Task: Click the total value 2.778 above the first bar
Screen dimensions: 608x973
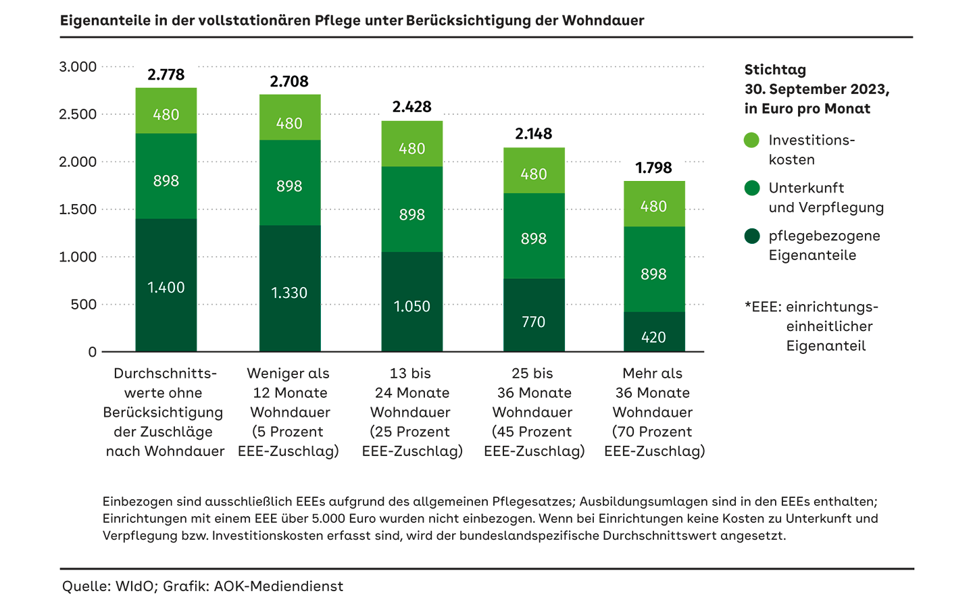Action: tap(166, 75)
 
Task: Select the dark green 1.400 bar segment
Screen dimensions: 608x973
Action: tap(166, 287)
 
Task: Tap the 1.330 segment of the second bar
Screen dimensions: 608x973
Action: tap(289, 293)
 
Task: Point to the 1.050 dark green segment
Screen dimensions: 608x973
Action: tap(411, 306)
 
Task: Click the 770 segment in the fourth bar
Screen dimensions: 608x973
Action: tap(533, 322)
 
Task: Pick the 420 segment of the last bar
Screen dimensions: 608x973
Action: tap(653, 336)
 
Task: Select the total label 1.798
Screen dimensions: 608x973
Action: tap(653, 168)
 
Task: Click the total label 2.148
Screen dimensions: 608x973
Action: tap(533, 134)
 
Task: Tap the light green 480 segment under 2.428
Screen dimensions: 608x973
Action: tap(411, 148)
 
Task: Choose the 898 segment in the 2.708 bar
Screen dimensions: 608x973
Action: tap(289, 186)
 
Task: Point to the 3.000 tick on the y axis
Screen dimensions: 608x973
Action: tap(78, 67)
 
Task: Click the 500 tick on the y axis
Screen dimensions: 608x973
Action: tap(84, 305)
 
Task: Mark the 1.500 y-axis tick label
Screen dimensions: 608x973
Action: tap(78, 209)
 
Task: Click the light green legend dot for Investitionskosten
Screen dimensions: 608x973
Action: tap(751, 141)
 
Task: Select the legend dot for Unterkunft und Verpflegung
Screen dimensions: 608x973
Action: tap(751, 188)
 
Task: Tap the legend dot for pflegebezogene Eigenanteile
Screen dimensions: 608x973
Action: tap(751, 236)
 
